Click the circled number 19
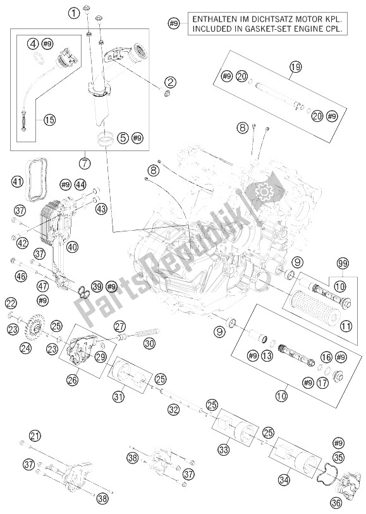pos(293,66)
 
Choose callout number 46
pos(21,276)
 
